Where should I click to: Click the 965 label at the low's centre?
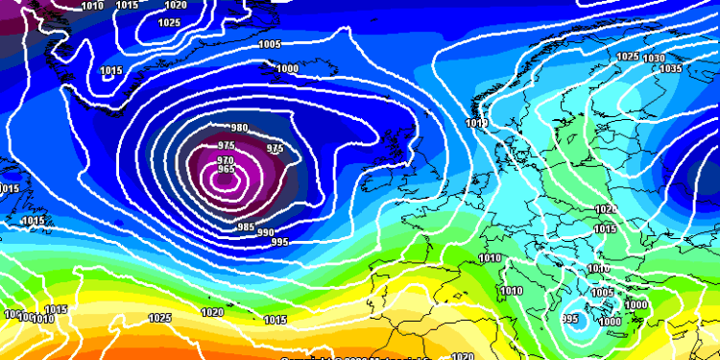pos(227,169)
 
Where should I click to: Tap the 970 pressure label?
pos(226,159)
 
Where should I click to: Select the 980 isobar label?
pos(239,129)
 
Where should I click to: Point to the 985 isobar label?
pos(245,227)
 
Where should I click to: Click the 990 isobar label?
pos(265,233)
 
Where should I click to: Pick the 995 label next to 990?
pos(281,241)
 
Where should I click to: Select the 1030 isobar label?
pos(654,59)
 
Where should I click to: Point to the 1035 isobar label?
pos(671,68)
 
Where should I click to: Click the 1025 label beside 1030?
pos(627,57)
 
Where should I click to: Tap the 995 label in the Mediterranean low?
pos(569,319)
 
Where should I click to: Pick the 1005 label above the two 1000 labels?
pos(603,293)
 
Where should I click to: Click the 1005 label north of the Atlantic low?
pos(270,44)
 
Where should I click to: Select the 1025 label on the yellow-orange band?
pos(160,318)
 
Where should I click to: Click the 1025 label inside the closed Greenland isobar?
pos(169,22)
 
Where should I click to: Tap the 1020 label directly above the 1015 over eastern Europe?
pos(605,208)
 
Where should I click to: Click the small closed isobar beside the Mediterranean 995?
pos(583,324)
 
